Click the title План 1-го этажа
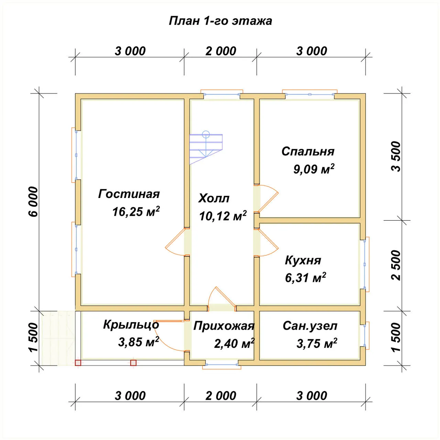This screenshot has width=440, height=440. [x=220, y=21]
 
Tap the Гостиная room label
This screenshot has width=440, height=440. [x=129, y=194]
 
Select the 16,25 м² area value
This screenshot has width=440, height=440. [x=136, y=211]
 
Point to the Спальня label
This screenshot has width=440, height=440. [x=308, y=151]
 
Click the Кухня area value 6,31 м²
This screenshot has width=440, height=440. [x=306, y=277]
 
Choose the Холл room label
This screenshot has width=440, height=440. [x=214, y=198]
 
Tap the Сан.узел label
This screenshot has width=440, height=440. [x=310, y=326]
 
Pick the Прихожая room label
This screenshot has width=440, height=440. [x=224, y=326]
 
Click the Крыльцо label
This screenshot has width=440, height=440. [x=131, y=325]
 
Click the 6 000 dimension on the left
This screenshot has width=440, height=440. [x=33, y=202]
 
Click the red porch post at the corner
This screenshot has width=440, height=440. [x=78, y=363]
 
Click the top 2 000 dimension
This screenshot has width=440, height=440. [x=221, y=51]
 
